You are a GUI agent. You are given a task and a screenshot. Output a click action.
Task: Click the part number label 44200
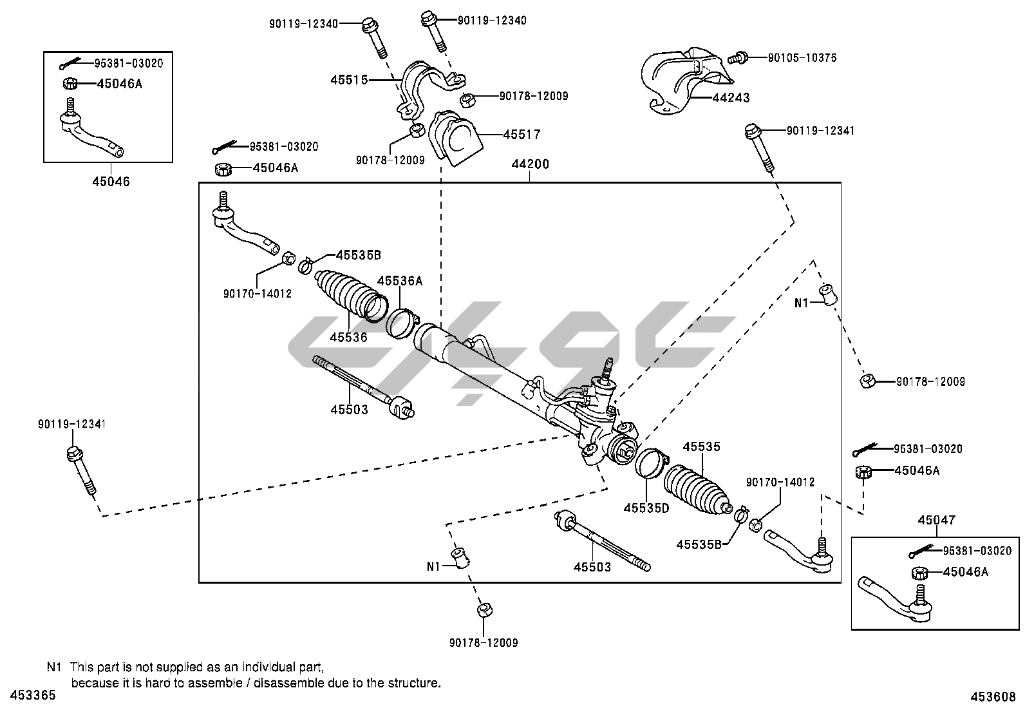pos(530,164)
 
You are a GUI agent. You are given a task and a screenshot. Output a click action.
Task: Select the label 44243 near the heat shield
pos(731,98)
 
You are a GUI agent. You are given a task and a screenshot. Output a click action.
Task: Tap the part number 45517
pos(522,135)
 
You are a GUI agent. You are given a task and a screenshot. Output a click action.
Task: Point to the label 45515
pos(349,80)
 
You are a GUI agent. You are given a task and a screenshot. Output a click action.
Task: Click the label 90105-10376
pos(802,58)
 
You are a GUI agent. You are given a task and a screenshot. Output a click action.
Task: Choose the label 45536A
pos(399,281)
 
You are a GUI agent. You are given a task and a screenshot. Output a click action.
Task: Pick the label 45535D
pos(646,508)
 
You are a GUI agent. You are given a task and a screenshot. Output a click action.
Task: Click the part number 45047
pos(937,520)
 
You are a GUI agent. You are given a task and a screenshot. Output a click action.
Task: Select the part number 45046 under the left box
pos(110,182)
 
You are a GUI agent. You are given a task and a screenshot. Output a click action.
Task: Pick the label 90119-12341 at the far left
pos(71,424)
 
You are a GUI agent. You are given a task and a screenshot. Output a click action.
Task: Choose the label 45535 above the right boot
pos(701,446)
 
